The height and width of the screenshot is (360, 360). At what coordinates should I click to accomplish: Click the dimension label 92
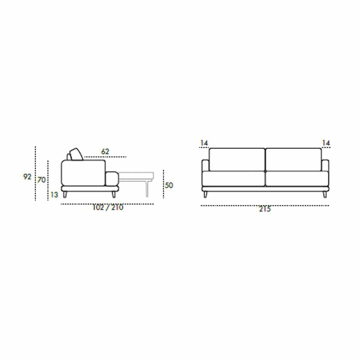[x=27, y=176]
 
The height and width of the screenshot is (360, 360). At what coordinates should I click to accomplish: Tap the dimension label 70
[x=41, y=180]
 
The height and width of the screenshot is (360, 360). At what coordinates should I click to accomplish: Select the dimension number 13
[x=54, y=195]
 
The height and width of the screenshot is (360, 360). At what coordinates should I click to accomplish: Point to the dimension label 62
[x=105, y=151]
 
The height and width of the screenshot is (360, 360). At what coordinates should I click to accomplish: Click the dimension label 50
[x=169, y=185]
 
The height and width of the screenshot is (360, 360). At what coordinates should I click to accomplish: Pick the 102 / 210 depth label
[x=108, y=208]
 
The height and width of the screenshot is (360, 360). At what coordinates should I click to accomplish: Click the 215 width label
[x=265, y=209]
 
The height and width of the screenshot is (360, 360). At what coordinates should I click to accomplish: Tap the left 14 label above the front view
[x=204, y=143]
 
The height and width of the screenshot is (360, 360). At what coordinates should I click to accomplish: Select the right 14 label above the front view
[x=326, y=143]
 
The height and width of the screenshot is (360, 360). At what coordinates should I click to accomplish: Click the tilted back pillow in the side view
[x=76, y=154]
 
